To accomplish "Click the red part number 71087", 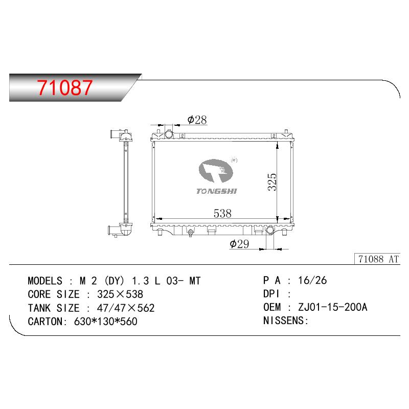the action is tap(65, 87).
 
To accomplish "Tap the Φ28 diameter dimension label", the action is tap(197, 120).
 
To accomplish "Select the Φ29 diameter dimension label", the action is tap(239, 244).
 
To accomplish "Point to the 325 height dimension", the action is tap(272, 182).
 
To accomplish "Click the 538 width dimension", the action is tap(222, 213).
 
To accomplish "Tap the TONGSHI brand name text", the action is tap(216, 191).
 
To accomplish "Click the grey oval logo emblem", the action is tap(216, 171).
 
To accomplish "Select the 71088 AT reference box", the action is tap(377, 259).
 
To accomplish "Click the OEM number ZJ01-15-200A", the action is tap(333, 307).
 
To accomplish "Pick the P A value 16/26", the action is tap(312, 280).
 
